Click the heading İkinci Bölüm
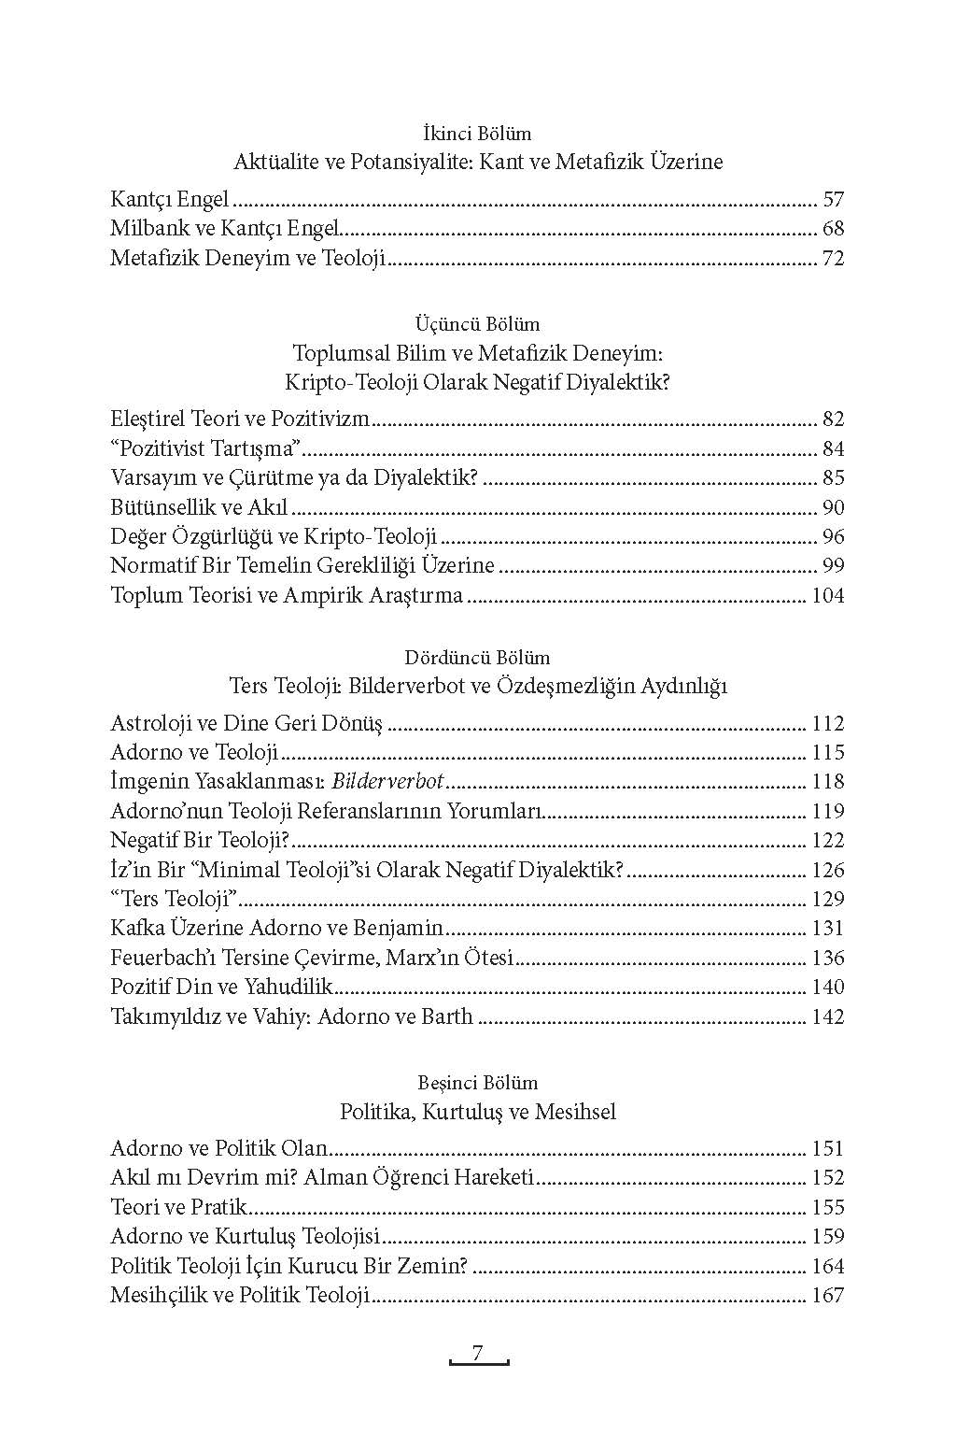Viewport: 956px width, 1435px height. click(477, 134)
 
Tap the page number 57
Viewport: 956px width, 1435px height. click(833, 199)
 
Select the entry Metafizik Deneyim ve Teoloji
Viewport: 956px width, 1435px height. click(248, 258)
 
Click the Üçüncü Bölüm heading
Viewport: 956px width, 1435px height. click(477, 324)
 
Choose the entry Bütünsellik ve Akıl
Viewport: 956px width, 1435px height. click(198, 507)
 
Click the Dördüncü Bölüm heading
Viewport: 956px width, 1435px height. click(477, 658)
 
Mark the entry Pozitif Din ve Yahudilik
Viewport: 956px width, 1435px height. click(222, 987)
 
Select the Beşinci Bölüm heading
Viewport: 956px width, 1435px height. click(477, 1083)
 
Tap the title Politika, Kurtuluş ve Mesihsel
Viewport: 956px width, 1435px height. click(477, 1112)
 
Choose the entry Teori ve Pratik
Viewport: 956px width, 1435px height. click(178, 1207)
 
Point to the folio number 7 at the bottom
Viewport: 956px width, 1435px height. click(477, 1354)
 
